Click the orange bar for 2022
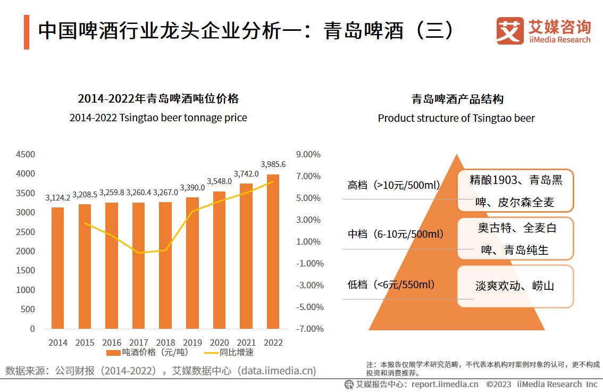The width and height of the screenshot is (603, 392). (x=273, y=251)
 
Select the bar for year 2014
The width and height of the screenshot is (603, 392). (x=58, y=268)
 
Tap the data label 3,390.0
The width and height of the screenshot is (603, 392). (x=192, y=188)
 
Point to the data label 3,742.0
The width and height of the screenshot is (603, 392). (x=246, y=174)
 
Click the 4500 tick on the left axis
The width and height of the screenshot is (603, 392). (x=25, y=155)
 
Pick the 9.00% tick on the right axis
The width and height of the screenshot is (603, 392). (x=309, y=155)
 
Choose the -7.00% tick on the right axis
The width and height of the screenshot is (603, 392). (x=309, y=329)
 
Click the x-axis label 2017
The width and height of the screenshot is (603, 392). (x=138, y=343)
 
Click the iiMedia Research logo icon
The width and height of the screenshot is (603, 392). (x=509, y=31)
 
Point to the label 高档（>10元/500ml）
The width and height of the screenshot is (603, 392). (x=393, y=186)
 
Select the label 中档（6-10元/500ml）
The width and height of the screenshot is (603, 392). (x=396, y=234)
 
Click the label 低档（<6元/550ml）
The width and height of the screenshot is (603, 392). (x=391, y=285)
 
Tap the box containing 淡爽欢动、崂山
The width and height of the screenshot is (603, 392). (x=515, y=286)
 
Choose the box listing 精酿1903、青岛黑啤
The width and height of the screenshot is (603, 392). (x=515, y=191)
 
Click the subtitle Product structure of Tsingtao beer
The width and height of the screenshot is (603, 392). (x=456, y=118)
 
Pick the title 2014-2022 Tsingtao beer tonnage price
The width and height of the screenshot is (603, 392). (x=158, y=118)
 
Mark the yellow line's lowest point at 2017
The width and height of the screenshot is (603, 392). (x=139, y=253)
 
